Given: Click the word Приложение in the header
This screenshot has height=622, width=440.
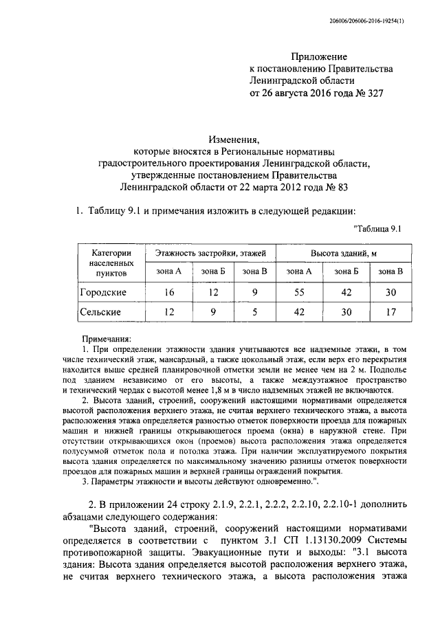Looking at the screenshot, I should (319, 56).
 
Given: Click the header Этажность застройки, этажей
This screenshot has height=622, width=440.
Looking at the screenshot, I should (210, 254).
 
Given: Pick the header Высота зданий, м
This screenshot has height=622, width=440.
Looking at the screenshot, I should (343, 254).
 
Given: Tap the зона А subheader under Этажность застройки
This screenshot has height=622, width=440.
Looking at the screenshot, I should (167, 271).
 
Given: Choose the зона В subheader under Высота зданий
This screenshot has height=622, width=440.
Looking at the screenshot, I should (390, 271).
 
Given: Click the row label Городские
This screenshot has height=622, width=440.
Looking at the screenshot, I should (103, 292).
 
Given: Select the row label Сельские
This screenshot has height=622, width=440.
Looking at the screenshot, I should (101, 312).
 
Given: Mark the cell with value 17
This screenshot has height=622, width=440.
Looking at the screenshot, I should (390, 312).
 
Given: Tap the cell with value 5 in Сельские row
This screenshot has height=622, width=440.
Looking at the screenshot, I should (254, 312).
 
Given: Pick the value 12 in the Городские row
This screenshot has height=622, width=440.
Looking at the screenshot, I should (212, 292).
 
